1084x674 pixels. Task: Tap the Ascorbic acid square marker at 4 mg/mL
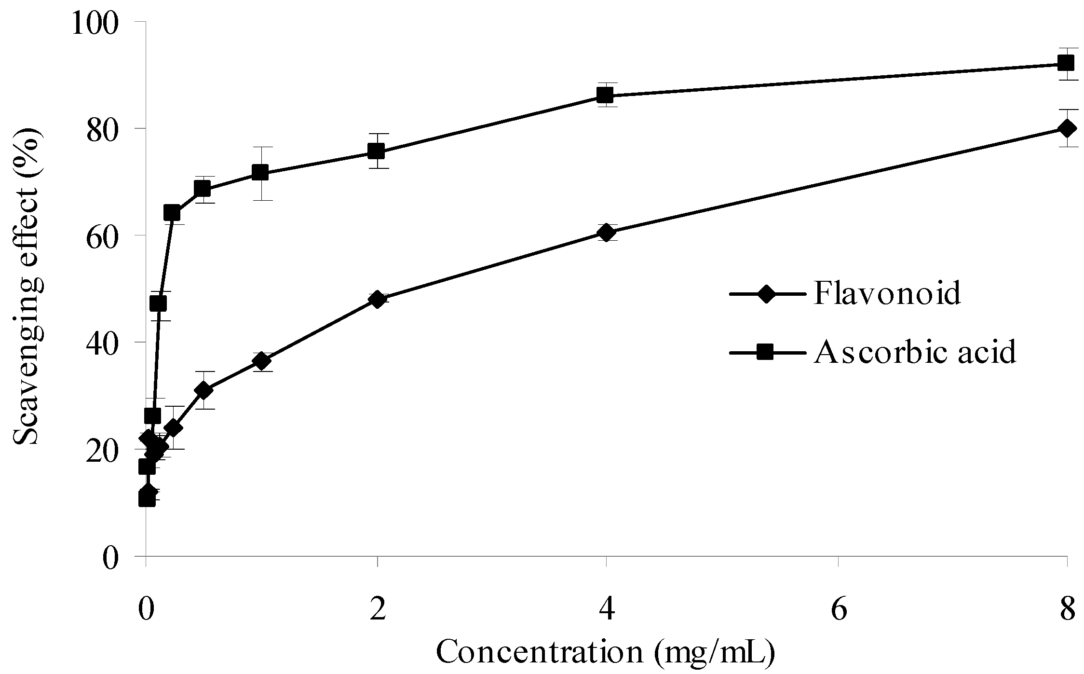[605, 95]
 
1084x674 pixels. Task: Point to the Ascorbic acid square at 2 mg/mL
[376, 151]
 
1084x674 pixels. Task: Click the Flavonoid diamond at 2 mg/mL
[377, 300]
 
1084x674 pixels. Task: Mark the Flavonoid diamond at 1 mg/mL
[261, 360]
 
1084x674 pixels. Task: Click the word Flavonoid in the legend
[887, 293]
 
